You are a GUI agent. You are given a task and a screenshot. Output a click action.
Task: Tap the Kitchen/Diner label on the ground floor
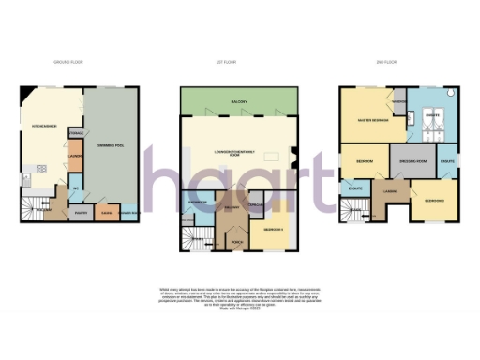43,124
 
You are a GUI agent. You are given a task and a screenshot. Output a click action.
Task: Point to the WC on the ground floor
75,184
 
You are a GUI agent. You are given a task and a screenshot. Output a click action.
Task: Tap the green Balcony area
246,101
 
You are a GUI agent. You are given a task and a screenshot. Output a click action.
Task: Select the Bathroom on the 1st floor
198,203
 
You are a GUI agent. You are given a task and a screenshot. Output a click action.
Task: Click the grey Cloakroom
256,203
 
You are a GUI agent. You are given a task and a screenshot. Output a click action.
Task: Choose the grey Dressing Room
414,162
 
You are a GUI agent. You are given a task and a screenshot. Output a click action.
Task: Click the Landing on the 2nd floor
390,195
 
